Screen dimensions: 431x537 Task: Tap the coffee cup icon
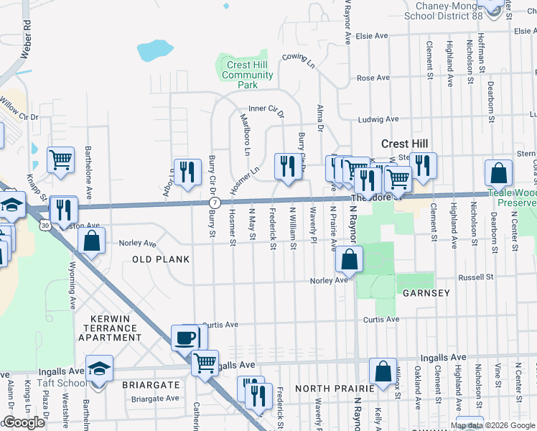coord(186,336)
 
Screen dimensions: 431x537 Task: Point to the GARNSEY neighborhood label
coord(426,293)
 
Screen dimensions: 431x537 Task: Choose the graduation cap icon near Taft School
coord(100,369)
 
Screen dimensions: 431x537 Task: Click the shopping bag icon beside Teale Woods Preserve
coord(498,173)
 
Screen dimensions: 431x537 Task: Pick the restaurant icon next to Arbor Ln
coord(187,171)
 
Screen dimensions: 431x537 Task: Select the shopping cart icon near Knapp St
coord(61,159)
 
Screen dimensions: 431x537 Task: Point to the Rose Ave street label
coord(373,78)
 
